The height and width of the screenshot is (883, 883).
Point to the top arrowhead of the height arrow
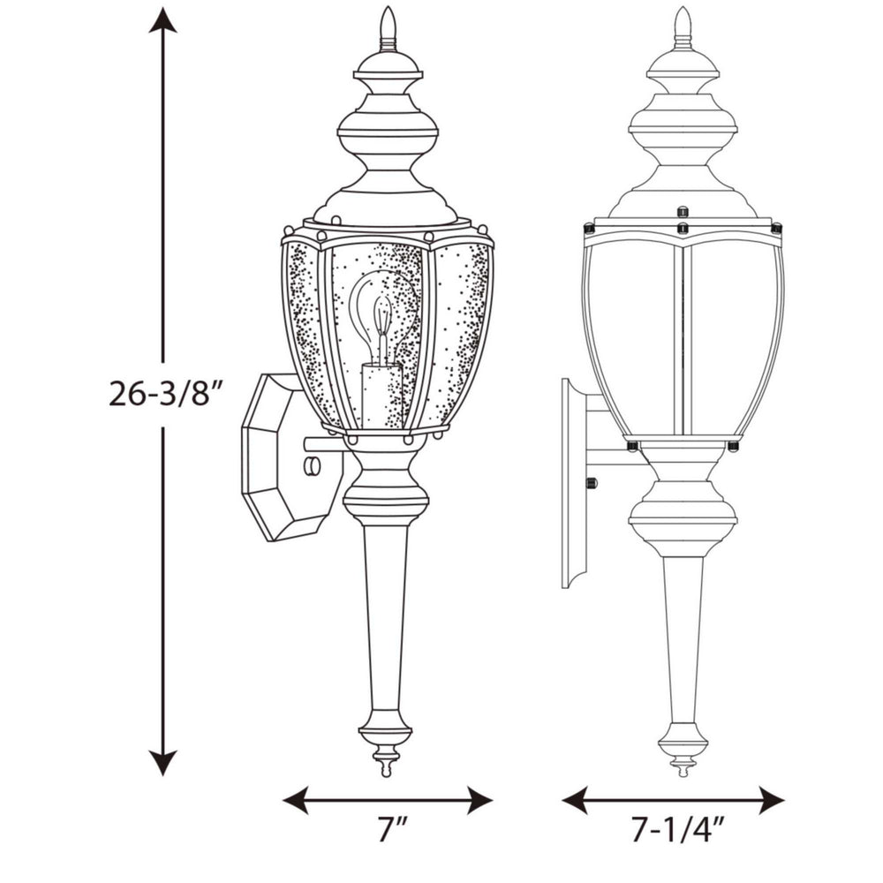click(162, 19)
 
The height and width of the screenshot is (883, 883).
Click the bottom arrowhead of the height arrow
click(162, 764)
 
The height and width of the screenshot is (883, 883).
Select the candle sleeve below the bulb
click(381, 397)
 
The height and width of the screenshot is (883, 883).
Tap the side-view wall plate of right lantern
click(574, 481)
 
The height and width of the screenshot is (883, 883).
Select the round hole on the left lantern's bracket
click(311, 465)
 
